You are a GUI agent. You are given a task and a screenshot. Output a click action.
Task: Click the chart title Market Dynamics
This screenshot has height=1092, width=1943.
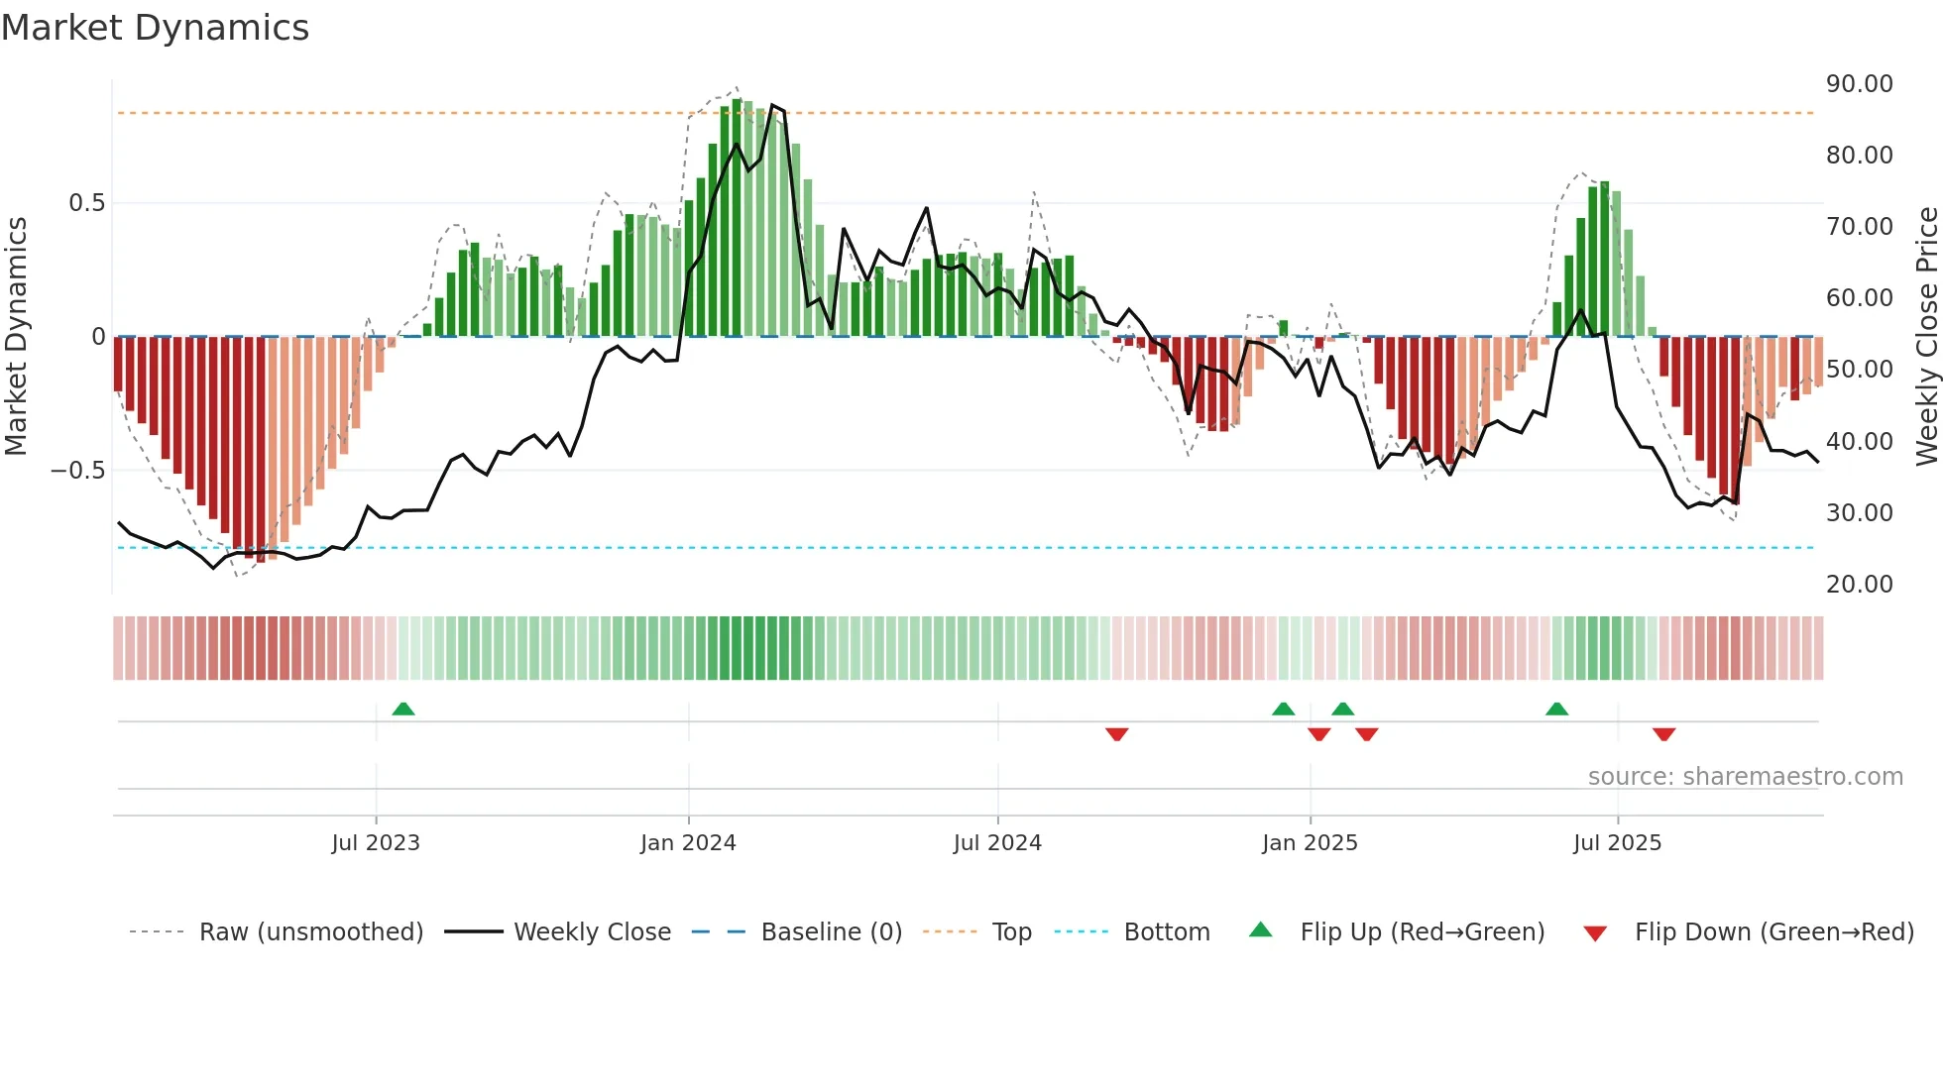[156, 28]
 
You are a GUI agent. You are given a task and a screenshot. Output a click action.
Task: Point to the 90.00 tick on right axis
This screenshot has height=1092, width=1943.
[1859, 84]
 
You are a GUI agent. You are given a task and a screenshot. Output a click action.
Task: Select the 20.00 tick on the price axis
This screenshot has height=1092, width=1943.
[1859, 585]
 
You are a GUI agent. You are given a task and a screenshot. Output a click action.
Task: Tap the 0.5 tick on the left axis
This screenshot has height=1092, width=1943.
[86, 203]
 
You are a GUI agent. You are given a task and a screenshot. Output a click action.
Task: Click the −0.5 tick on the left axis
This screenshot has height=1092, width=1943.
[78, 471]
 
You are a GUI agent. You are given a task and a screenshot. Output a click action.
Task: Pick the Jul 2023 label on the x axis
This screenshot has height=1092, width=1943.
[376, 843]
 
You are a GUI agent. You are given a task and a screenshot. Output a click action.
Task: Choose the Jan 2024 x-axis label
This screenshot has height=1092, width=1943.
[688, 843]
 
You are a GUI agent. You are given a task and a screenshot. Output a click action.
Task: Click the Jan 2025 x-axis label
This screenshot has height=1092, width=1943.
[1310, 843]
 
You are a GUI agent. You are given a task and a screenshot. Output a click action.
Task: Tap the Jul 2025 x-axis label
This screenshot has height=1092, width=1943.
[1617, 843]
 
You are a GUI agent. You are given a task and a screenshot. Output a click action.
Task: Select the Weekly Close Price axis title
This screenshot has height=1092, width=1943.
[1926, 337]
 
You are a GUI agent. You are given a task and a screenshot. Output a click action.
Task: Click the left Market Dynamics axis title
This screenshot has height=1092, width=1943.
[16, 337]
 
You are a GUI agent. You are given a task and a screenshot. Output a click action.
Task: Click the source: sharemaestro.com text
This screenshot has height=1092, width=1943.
[1745, 777]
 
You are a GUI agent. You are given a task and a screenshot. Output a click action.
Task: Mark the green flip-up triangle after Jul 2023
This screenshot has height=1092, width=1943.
[403, 709]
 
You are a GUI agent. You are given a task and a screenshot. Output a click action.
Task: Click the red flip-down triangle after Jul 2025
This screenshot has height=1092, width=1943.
[1663, 734]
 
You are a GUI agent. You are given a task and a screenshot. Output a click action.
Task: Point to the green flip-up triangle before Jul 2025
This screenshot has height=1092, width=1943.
[1556, 709]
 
